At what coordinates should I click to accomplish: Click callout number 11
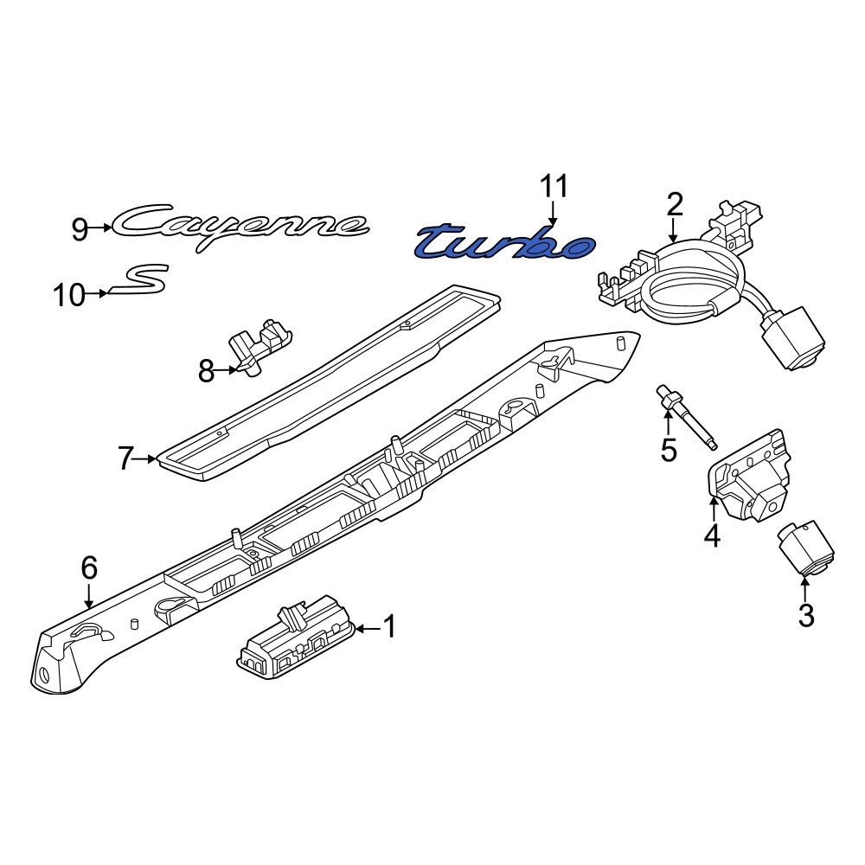point(554,187)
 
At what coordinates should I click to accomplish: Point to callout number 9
point(80,228)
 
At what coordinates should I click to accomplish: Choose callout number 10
point(69,295)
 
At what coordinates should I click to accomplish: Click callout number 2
point(674,204)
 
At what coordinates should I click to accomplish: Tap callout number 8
point(206,371)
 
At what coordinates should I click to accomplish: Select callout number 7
point(125,458)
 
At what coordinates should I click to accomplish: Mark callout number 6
point(89,567)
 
